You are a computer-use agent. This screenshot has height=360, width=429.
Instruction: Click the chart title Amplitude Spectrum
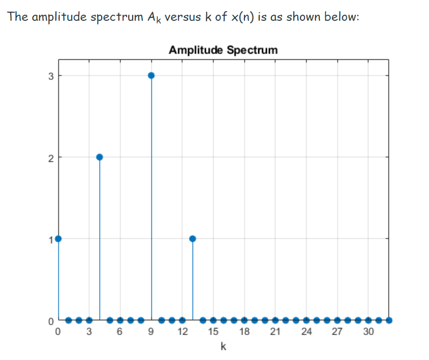[223, 50]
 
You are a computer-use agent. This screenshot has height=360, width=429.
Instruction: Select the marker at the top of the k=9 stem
[151, 75]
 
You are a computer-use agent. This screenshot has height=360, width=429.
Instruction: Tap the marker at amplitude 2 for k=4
[100, 157]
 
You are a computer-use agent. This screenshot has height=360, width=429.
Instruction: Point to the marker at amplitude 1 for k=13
[193, 239]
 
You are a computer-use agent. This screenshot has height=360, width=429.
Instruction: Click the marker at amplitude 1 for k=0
[58, 239]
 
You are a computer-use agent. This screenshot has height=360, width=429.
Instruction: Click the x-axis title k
[224, 347]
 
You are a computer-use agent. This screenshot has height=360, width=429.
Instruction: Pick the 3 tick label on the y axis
[50, 76]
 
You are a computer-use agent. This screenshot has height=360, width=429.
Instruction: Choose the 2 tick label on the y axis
[50, 157]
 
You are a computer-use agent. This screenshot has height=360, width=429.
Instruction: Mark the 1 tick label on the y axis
[50, 239]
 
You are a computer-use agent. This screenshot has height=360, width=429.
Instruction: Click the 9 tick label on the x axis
[151, 333]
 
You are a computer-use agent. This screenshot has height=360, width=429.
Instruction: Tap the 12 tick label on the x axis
[182, 333]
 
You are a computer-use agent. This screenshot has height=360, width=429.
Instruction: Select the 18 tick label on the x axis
[244, 333]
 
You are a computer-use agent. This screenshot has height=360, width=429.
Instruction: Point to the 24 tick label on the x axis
[306, 333]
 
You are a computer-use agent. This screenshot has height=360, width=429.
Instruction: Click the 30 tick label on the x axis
[368, 333]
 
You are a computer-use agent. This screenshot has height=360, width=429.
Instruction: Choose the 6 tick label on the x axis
[120, 333]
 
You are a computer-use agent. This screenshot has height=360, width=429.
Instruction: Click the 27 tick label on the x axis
[337, 333]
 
